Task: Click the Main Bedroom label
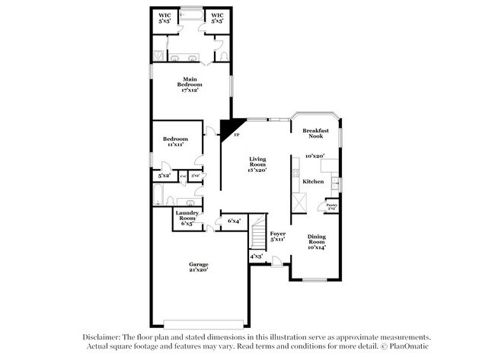(x=190, y=83)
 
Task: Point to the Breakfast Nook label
(x=315, y=133)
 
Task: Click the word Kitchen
(x=314, y=182)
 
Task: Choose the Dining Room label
(x=315, y=241)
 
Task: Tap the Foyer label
(x=277, y=235)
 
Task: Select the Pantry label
(x=332, y=205)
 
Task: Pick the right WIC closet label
(x=218, y=18)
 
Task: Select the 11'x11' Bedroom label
(x=174, y=142)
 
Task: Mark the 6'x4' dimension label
(x=235, y=222)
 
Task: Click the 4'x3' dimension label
(x=257, y=256)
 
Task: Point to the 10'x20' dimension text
(x=315, y=156)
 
